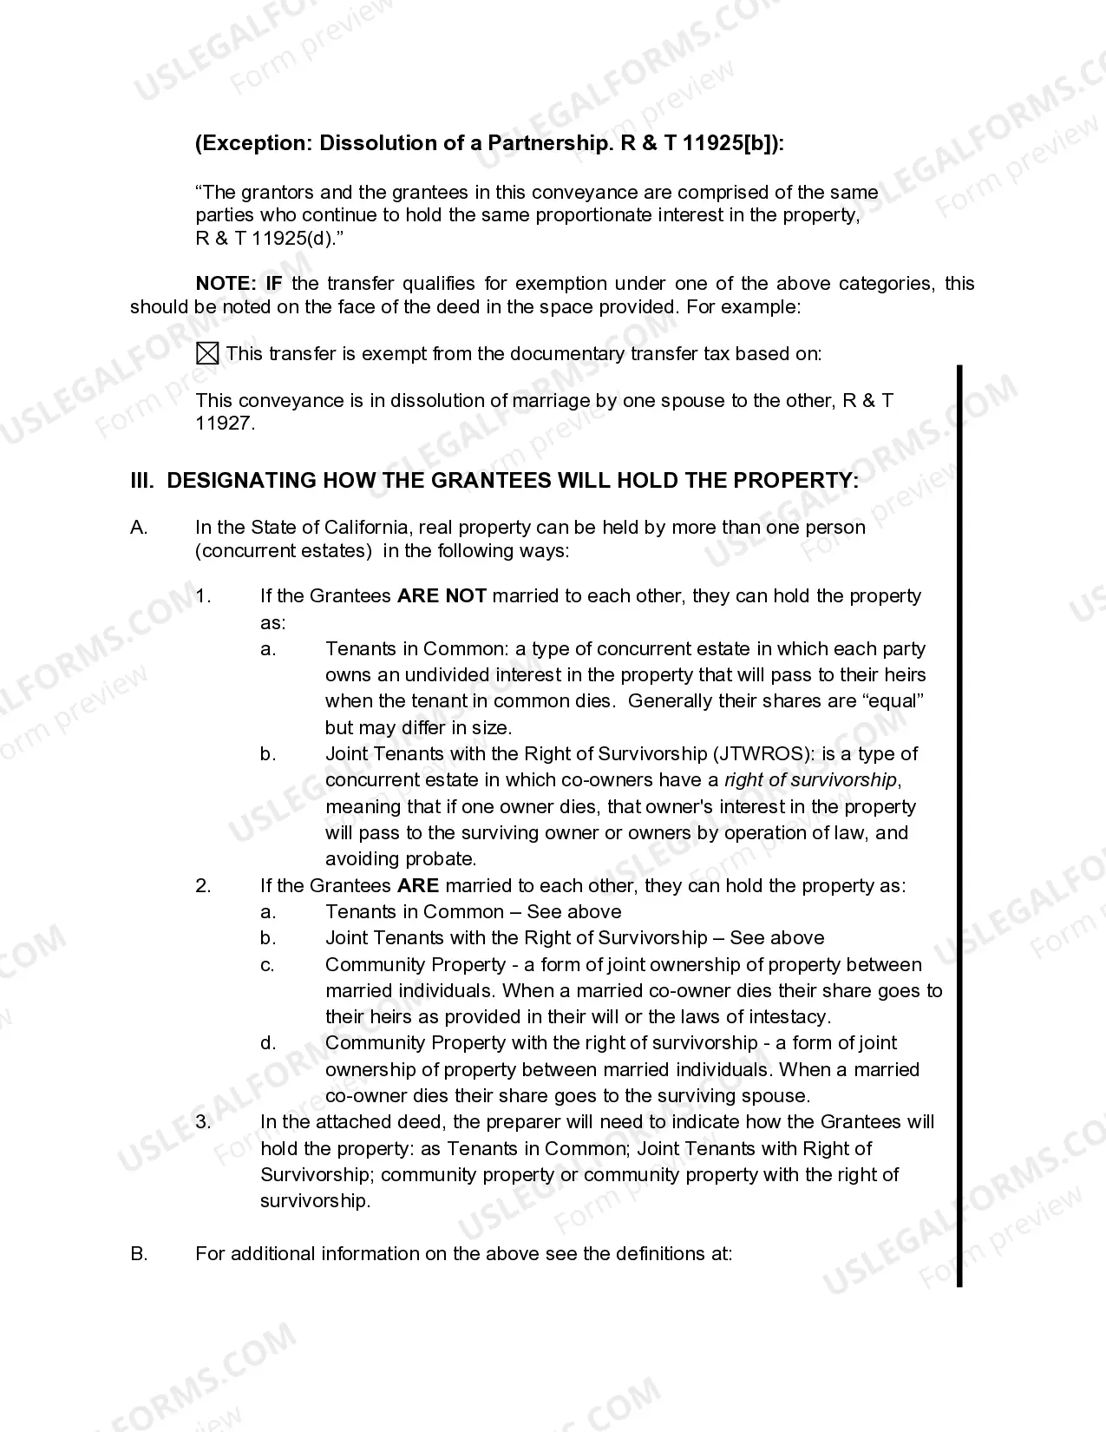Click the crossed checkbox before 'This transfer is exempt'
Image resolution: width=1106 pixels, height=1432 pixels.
point(207,353)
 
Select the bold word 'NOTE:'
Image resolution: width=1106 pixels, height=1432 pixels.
point(226,284)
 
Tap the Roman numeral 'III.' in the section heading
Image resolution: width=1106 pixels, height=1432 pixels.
point(142,481)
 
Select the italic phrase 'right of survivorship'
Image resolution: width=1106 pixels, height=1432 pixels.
point(810,779)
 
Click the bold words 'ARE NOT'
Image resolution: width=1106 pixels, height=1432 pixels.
point(442,596)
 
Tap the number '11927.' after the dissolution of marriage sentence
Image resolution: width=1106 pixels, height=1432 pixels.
point(226,424)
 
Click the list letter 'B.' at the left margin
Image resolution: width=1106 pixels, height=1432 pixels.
point(139,1254)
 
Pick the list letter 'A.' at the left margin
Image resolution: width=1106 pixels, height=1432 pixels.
point(139,528)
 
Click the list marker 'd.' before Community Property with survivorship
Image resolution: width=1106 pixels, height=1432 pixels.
point(268,1043)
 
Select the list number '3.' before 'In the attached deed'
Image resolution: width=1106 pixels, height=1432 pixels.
point(203,1122)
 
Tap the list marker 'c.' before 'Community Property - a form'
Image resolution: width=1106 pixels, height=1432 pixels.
point(268,965)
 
